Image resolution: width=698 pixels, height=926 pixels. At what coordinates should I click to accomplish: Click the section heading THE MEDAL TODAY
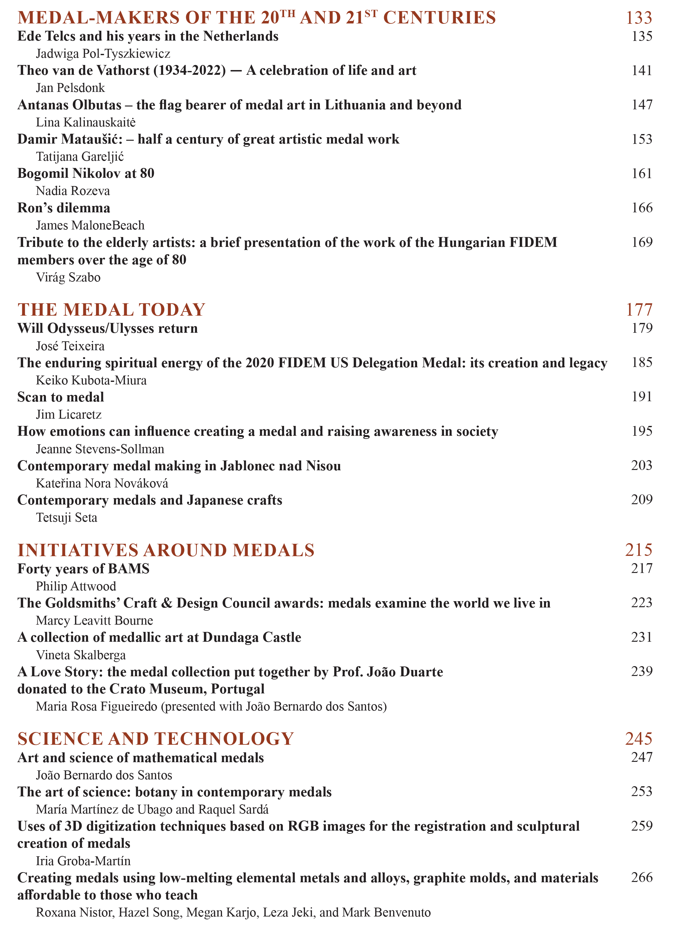click(x=111, y=310)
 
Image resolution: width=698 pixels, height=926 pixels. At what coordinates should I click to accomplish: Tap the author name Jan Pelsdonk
click(x=70, y=88)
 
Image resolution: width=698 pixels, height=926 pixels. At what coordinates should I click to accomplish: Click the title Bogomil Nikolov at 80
click(x=86, y=173)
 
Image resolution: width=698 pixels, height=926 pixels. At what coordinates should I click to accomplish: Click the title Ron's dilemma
click(x=64, y=208)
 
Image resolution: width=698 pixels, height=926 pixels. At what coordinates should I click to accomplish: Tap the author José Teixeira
click(x=70, y=346)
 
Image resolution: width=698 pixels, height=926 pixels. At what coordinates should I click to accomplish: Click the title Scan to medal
click(x=61, y=397)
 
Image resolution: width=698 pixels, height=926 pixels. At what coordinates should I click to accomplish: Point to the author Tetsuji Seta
click(x=67, y=518)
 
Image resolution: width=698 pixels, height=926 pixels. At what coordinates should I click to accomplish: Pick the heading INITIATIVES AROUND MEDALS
click(x=166, y=550)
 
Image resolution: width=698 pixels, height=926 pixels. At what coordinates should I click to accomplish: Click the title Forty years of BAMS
click(x=83, y=569)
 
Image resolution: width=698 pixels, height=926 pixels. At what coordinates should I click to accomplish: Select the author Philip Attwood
click(x=76, y=587)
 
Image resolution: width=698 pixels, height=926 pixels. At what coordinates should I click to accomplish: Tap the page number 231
click(x=642, y=637)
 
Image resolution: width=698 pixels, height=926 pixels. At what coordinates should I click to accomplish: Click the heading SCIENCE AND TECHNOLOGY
click(x=156, y=739)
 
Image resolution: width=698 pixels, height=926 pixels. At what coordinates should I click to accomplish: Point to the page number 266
click(x=642, y=878)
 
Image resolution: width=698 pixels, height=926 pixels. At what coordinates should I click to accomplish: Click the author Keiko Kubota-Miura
click(x=91, y=381)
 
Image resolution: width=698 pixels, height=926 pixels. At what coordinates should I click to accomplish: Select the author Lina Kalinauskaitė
click(x=86, y=123)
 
